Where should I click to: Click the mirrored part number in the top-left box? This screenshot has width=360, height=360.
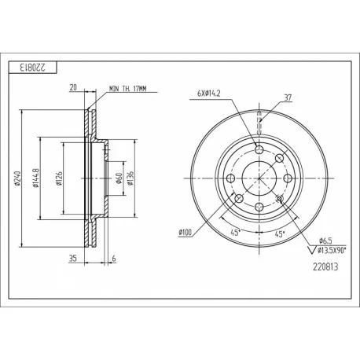click(x=33, y=68)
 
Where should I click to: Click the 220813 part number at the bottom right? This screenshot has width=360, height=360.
click(x=325, y=267)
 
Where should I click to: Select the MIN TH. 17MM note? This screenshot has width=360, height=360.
click(x=128, y=89)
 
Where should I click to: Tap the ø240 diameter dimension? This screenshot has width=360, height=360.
click(x=17, y=178)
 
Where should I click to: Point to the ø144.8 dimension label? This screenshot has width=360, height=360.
click(x=36, y=178)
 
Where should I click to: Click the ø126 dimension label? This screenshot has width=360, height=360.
click(x=59, y=178)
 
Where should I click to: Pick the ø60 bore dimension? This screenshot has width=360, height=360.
click(x=119, y=178)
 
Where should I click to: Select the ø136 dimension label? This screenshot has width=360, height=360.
click(x=130, y=178)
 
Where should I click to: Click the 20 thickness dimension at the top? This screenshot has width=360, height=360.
click(x=73, y=87)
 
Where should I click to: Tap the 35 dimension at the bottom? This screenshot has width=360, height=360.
click(x=72, y=259)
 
